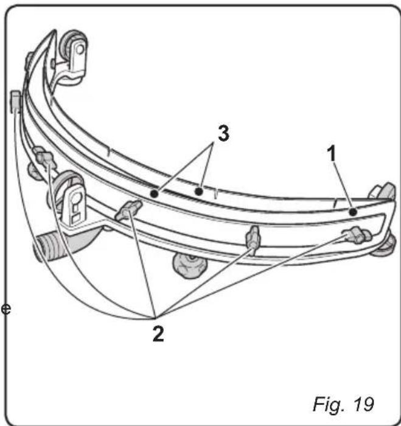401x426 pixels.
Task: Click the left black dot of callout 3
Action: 154,194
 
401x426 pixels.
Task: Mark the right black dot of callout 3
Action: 198,192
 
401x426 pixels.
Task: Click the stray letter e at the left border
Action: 6,309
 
